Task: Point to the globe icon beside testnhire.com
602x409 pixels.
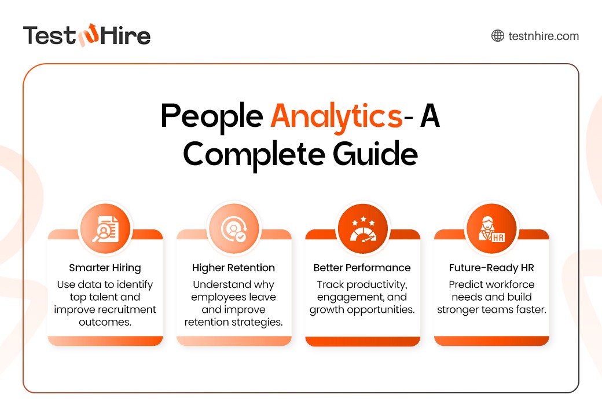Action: pyautogui.click(x=497, y=36)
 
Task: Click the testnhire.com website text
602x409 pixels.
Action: pyautogui.click(x=544, y=36)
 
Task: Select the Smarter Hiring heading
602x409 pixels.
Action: pyautogui.click(x=105, y=268)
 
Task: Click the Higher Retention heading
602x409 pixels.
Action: pyautogui.click(x=233, y=268)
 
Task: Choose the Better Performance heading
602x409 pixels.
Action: pyautogui.click(x=362, y=268)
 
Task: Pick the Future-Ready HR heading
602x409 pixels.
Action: pyautogui.click(x=491, y=268)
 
